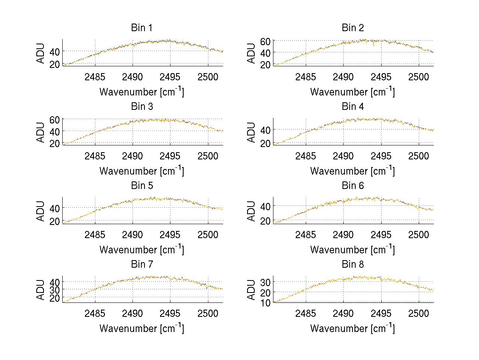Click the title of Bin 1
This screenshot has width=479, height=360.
click(142, 28)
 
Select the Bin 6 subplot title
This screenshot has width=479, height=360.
click(353, 186)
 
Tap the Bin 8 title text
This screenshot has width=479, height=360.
click(353, 265)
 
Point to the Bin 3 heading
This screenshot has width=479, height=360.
click(142, 107)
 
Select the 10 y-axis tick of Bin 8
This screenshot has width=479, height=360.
click(266, 302)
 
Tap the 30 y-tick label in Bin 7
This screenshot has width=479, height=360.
click(55, 289)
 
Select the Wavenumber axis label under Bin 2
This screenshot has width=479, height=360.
click(352, 91)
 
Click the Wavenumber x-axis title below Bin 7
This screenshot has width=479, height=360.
click(142, 328)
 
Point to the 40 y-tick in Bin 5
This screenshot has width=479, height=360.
click(55, 208)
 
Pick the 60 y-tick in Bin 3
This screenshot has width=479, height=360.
click(55, 119)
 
